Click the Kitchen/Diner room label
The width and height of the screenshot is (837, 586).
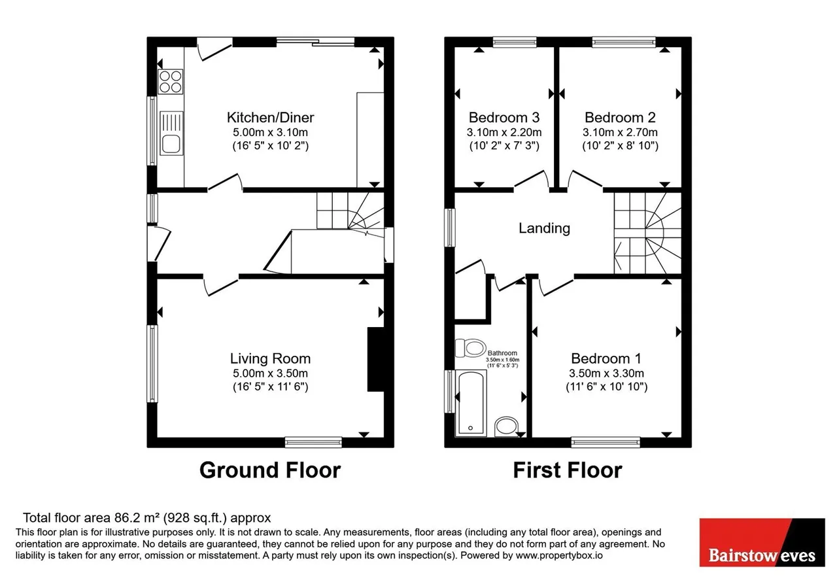(270, 117)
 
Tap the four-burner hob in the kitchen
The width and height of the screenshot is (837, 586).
(171, 82)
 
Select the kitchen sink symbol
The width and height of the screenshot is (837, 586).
(171, 133)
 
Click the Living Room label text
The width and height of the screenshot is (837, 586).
(270, 358)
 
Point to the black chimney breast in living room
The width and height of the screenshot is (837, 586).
(376, 360)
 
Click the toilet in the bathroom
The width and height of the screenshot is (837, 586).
(470, 349)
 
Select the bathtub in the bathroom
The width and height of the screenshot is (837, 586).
(471, 404)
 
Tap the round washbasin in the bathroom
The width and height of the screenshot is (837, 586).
(506, 427)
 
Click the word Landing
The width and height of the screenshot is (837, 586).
(544, 228)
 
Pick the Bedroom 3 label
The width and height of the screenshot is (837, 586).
(504, 117)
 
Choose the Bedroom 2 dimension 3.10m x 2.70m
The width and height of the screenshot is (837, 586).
(620, 132)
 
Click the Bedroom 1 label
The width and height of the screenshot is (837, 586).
(606, 358)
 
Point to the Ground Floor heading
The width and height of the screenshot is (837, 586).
(270, 470)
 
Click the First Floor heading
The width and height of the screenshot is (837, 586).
(568, 470)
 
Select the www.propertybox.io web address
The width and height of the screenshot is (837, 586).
(559, 555)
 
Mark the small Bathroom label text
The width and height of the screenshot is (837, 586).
(502, 353)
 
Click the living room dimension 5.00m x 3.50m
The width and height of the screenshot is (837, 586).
(270, 373)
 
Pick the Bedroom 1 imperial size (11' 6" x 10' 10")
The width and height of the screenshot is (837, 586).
(606, 387)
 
